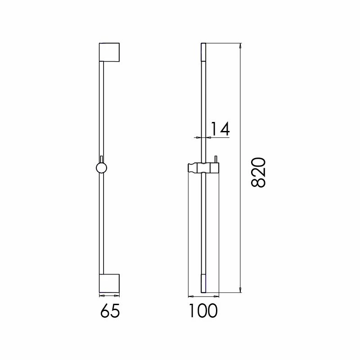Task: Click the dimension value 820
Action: pos(259,172)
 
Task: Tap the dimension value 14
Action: pos(220,129)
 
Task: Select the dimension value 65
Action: pos(110,311)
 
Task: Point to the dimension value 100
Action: pos(203,310)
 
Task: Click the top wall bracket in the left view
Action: pos(109,52)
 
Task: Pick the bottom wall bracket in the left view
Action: pos(109,283)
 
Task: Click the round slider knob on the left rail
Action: pos(102,168)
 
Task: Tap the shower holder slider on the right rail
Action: pos(204,168)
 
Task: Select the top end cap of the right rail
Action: pos(204,52)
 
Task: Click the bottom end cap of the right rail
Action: pos(204,283)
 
